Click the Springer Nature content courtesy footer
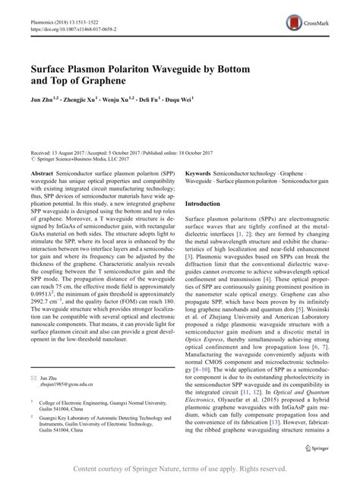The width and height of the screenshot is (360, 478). tap(180, 469)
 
